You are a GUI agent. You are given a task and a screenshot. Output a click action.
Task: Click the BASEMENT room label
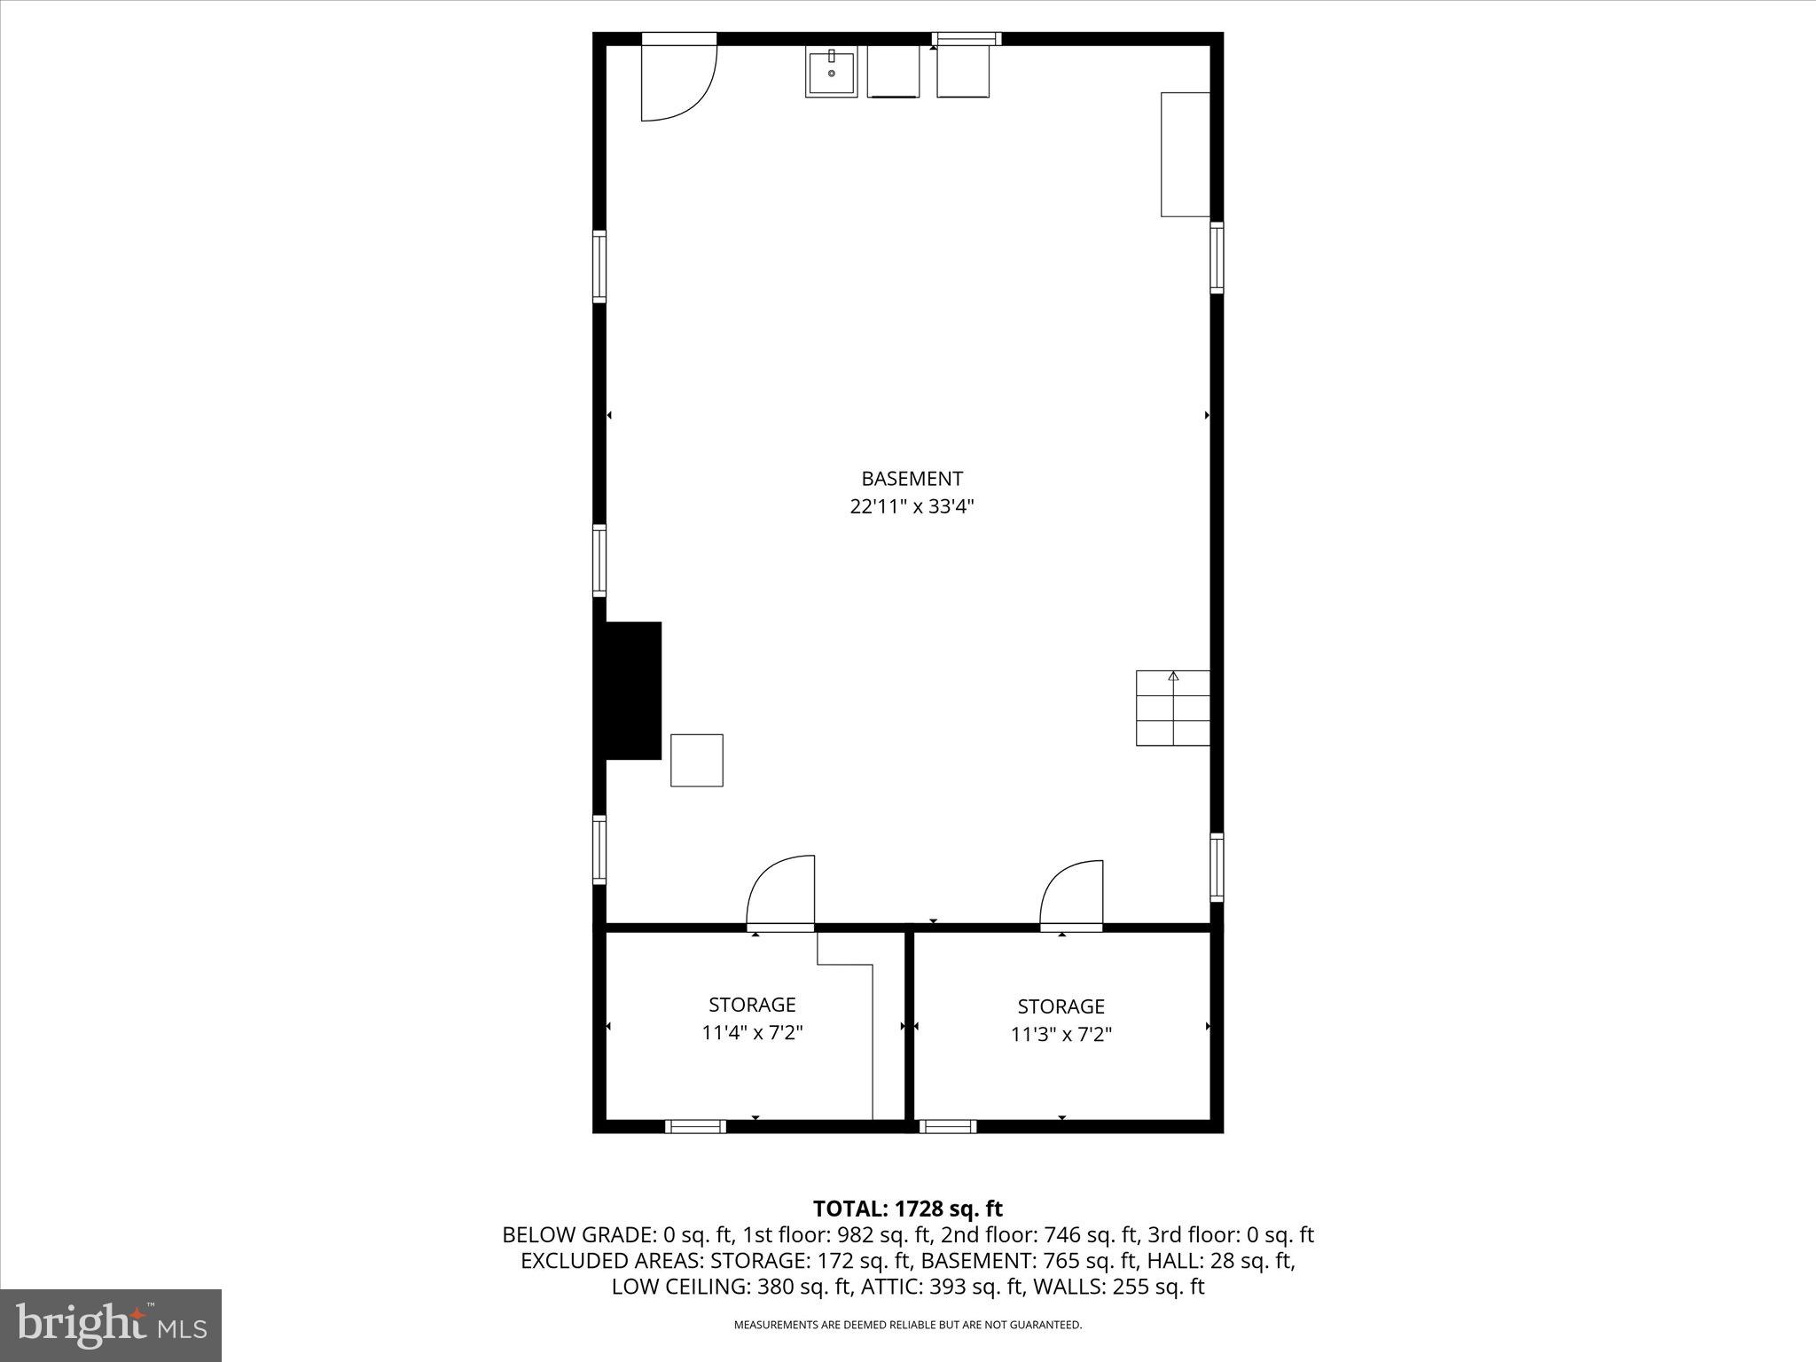click(x=912, y=479)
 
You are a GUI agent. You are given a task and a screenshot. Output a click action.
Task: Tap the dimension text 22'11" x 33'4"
click(x=912, y=507)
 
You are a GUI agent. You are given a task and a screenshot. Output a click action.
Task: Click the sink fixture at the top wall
click(x=831, y=74)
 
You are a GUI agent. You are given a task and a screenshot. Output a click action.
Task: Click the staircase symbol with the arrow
click(x=1172, y=708)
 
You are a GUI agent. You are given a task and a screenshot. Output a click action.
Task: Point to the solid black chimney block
click(x=633, y=691)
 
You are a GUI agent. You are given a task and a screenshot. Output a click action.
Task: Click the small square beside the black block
click(x=696, y=760)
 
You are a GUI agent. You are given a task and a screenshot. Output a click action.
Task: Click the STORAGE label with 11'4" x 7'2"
click(x=752, y=1005)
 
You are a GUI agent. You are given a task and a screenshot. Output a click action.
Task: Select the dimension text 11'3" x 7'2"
click(x=1061, y=1035)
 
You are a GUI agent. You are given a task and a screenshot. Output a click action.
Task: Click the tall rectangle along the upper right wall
click(x=1185, y=154)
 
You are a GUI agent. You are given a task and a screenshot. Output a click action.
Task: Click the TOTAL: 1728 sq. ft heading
click(x=907, y=1209)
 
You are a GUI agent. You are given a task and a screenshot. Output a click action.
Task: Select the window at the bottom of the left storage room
click(x=695, y=1126)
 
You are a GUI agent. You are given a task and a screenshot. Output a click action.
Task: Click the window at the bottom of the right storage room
click(x=947, y=1126)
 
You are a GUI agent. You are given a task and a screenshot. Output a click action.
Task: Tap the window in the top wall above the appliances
click(x=966, y=38)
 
